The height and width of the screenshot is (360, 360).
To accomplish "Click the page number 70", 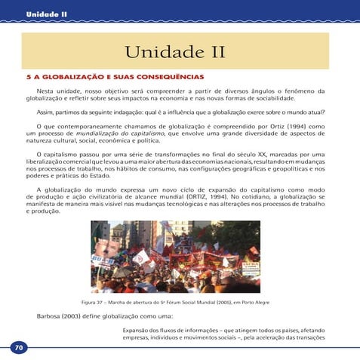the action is (18, 347).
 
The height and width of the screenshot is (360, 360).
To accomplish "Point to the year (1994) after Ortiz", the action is (276, 125).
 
